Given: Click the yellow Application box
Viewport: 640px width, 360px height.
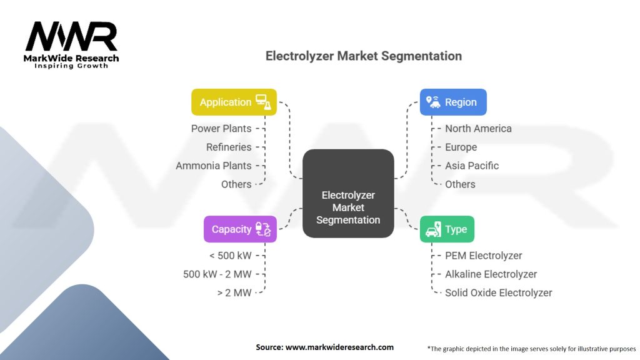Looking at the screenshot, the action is pyautogui.click(x=234, y=102).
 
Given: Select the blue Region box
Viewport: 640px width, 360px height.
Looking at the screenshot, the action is pyautogui.click(x=452, y=102).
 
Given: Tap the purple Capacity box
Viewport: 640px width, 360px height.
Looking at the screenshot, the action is pyautogui.click(x=240, y=229).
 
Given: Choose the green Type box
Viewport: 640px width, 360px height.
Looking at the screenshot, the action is pyautogui.click(x=447, y=229).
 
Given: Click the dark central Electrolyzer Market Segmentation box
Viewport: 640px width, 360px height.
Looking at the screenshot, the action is pyautogui.click(x=348, y=194).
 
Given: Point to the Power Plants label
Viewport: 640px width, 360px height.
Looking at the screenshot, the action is pyautogui.click(x=221, y=129).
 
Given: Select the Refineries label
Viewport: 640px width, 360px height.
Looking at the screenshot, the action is pyautogui.click(x=229, y=147).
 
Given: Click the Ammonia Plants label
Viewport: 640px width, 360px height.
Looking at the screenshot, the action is pyautogui.click(x=214, y=166).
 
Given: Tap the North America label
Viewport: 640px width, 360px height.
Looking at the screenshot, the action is pyautogui.click(x=478, y=129).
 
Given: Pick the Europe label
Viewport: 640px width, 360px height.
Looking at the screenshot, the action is pyautogui.click(x=461, y=147).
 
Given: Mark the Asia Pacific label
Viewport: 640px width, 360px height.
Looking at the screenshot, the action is pyautogui.click(x=472, y=166).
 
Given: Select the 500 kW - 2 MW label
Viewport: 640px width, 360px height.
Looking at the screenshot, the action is pyautogui.click(x=217, y=274).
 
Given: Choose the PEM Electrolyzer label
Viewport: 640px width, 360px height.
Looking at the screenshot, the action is pyautogui.click(x=483, y=256).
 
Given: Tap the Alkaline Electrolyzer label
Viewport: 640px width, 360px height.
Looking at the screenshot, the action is pyautogui.click(x=491, y=274).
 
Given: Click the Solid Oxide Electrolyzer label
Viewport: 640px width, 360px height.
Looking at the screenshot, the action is pyautogui.click(x=498, y=292).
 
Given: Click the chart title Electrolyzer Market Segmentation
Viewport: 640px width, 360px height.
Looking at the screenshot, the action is pyautogui.click(x=364, y=56).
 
